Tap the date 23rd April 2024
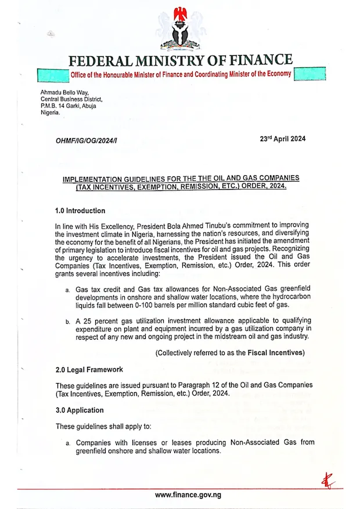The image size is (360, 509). [283, 139]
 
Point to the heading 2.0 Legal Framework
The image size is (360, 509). [89, 370]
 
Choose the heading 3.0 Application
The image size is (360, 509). [80, 410]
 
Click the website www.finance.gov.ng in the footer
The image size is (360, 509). [188, 495]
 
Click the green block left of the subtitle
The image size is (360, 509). [52, 74]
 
